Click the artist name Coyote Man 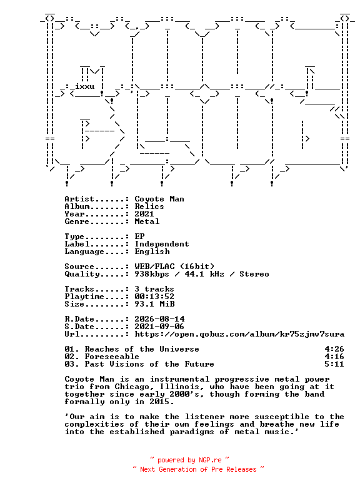click(159, 199)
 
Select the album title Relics click(149, 206)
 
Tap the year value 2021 click(144, 214)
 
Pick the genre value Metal click(147, 221)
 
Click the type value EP click(139, 236)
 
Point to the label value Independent click(162, 244)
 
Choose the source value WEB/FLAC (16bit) click(174, 267)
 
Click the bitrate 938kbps click(152, 274)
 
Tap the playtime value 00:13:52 click(154, 297)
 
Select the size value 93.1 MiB click(154, 304)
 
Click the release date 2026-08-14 click(159, 318)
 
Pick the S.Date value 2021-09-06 click(159, 326)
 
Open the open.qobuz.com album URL click(239, 334)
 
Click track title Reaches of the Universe click(142, 349)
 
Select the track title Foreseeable click(112, 357)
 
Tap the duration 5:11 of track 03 click(334, 364)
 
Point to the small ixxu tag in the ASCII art click(84, 86)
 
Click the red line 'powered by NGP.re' click(189, 460)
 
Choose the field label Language click(84, 252)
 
